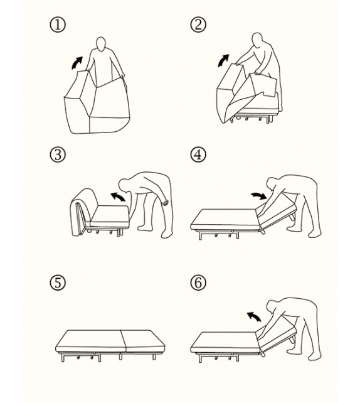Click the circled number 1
58,24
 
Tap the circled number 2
198,24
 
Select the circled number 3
58,154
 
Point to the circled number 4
198,154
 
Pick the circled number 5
58,282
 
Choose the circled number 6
198,282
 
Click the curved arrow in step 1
77,62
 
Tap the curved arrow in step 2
223,60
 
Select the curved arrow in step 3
119,196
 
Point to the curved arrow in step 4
259,195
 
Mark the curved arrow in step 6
254,316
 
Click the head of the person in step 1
101,44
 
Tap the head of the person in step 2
258,40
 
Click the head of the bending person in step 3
125,186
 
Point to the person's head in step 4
273,185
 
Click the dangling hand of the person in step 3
165,202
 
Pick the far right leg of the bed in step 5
154,357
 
